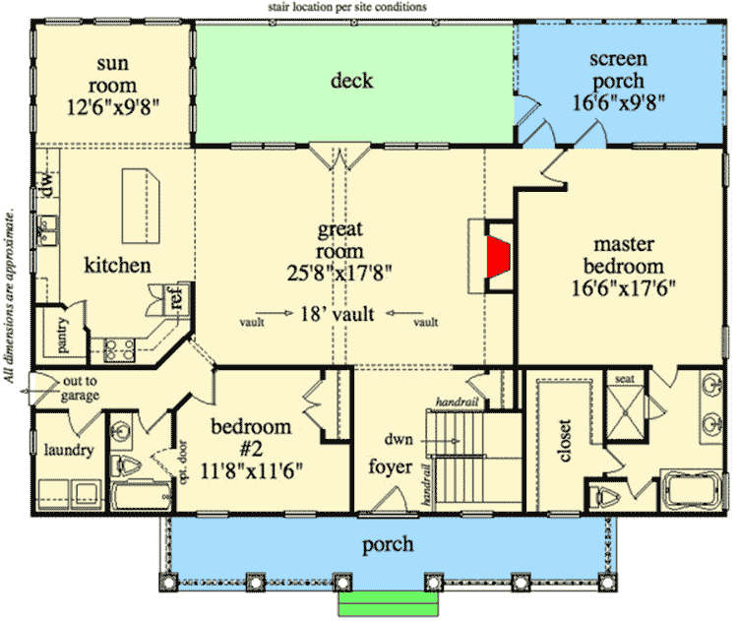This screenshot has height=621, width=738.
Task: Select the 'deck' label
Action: point(351,80)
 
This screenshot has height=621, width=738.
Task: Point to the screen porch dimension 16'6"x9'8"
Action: point(618,101)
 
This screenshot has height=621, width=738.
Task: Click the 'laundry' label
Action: point(68,451)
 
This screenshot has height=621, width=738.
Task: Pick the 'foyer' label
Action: point(391,466)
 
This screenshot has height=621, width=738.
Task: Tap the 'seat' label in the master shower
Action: point(624,379)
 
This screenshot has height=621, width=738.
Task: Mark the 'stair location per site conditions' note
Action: point(347,7)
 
